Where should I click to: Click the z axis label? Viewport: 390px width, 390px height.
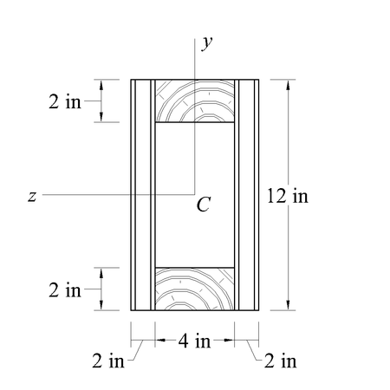31,197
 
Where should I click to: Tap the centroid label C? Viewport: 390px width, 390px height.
203,205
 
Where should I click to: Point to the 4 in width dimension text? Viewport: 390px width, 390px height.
195,341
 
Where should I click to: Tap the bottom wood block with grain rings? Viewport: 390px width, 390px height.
195,289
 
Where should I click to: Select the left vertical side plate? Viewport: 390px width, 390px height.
141,195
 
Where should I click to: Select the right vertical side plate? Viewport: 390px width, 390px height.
248,195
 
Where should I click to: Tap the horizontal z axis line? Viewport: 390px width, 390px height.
104,196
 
